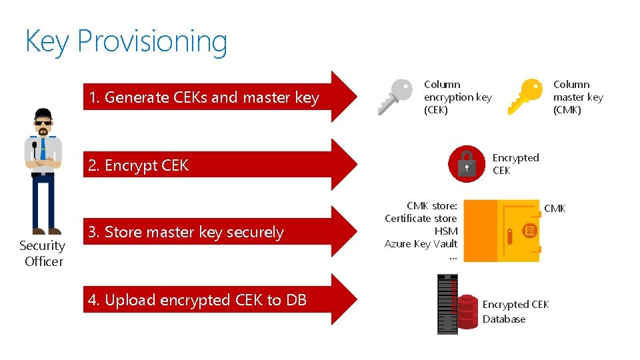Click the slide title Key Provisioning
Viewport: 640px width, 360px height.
(x=126, y=41)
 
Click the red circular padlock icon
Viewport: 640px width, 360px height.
(x=467, y=164)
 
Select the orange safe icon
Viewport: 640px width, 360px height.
(x=501, y=230)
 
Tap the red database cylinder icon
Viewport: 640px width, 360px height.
(x=467, y=310)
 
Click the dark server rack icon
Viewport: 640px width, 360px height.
(x=447, y=304)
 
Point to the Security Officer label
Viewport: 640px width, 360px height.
(x=43, y=253)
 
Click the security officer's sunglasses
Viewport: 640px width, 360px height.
(x=43, y=123)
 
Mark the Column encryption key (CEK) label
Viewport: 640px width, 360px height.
(x=457, y=97)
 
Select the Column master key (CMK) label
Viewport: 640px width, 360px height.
(x=577, y=97)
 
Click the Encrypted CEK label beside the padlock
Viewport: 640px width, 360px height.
(x=515, y=164)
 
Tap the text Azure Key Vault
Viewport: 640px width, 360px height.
(x=421, y=244)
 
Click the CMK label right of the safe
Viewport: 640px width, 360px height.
(x=555, y=209)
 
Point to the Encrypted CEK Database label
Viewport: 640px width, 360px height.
(x=515, y=311)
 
